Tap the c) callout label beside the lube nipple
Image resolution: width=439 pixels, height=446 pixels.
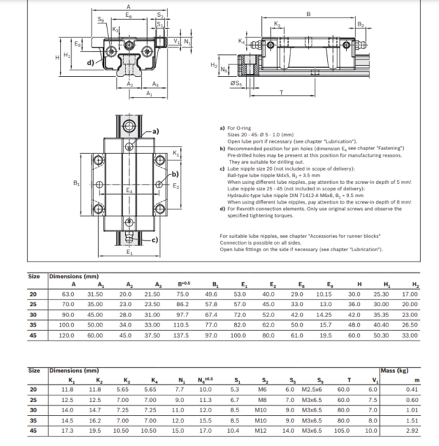pyautogui.click(x=155, y=239)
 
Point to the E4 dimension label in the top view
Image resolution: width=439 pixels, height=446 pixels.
pyautogui.click(x=130, y=190)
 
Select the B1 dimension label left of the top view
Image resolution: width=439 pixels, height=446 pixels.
pyautogui.click(x=77, y=183)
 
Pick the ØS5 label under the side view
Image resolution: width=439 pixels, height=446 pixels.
pyautogui.click(x=235, y=83)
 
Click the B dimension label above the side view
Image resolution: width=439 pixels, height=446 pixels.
pyautogui.click(x=307, y=13)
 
